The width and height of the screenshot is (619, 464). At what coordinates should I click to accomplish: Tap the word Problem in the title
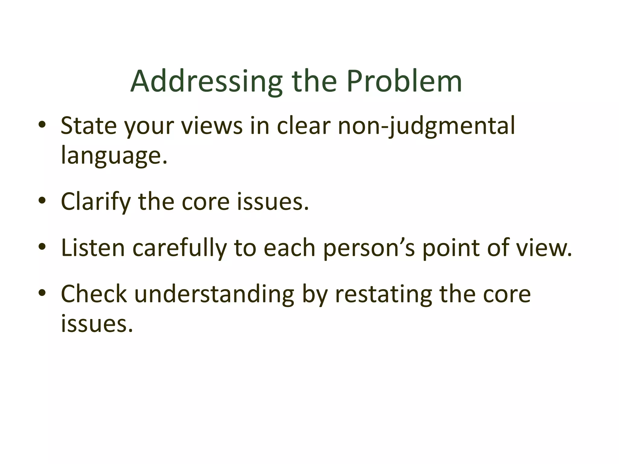(404, 82)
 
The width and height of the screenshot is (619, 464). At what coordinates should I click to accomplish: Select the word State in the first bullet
(89, 126)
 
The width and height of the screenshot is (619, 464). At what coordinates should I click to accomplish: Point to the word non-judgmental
(426, 126)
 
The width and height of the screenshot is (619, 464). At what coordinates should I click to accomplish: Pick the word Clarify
(96, 202)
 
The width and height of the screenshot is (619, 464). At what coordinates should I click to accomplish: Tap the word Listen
(93, 248)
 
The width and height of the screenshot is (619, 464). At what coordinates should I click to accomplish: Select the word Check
(94, 294)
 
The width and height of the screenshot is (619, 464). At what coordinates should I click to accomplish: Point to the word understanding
(214, 294)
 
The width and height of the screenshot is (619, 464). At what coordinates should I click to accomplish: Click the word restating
(384, 294)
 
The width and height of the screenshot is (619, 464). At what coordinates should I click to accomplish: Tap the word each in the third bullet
(289, 248)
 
